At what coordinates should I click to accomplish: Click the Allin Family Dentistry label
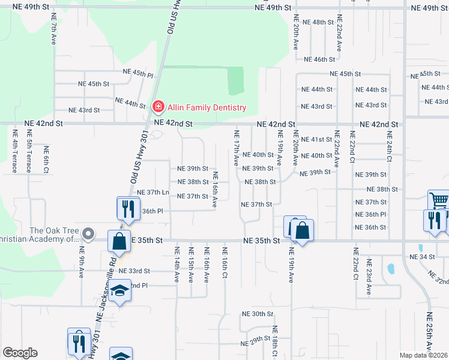206,107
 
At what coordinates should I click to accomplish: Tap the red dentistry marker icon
158,107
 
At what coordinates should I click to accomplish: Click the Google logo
20,353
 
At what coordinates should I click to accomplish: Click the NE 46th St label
319,59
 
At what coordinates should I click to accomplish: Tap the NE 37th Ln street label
153,192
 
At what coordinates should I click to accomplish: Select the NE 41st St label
316,139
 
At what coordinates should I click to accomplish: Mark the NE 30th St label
258,314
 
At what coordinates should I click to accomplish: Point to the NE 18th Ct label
274,341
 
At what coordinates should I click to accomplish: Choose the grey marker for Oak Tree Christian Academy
89,234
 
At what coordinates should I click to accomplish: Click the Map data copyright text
424,355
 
